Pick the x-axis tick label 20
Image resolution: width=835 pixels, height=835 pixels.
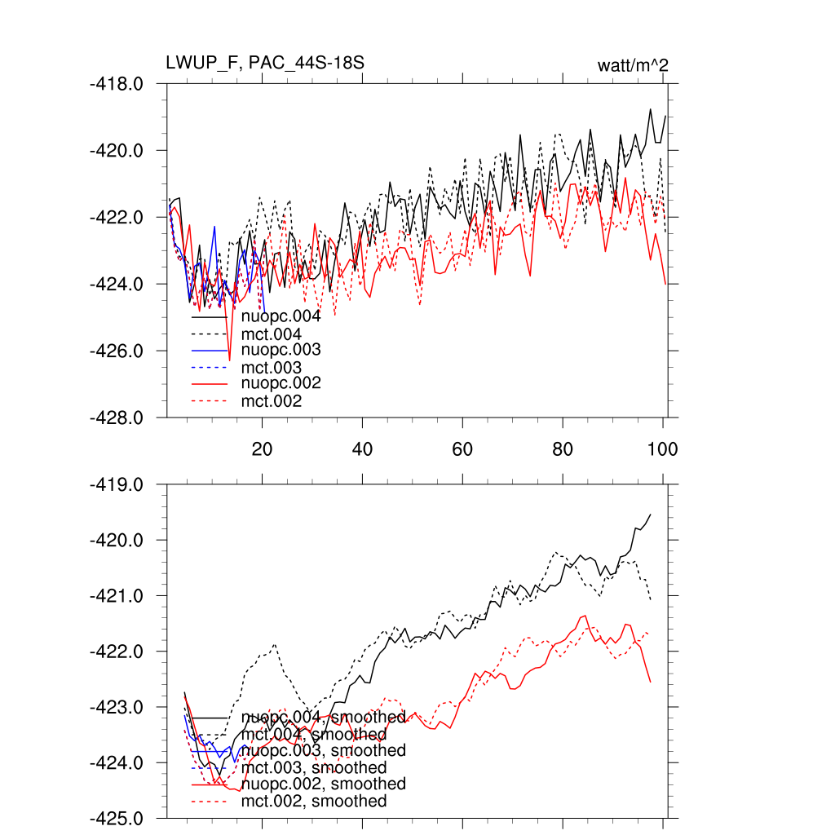point(262,448)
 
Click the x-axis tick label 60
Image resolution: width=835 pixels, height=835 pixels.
point(462,448)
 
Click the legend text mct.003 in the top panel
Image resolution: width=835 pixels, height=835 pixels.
point(272,368)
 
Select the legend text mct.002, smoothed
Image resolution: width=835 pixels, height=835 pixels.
point(314,802)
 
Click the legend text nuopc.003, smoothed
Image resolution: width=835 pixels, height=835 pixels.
point(324,750)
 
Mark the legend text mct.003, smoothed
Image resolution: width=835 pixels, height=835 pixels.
point(314,767)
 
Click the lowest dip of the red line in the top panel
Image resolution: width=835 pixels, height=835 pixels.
point(229,360)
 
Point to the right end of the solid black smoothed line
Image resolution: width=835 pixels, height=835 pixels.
point(650,515)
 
